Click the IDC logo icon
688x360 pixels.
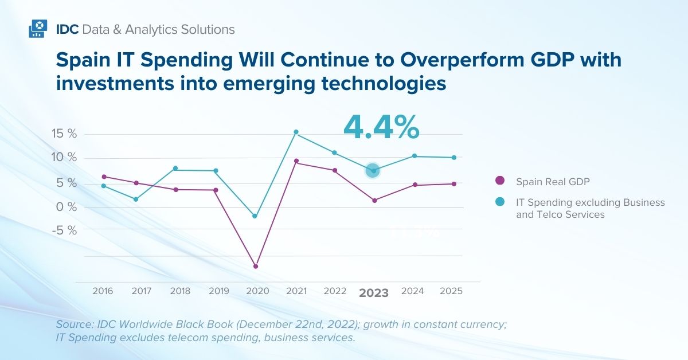pos(37,29)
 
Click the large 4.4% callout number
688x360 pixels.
pos(381,127)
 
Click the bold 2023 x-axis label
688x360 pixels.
pos(374,293)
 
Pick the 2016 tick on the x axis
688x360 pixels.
pos(103,291)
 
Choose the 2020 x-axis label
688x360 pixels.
pos(257,291)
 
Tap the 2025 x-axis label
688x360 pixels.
pos(451,291)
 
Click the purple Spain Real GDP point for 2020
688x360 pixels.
pos(256,266)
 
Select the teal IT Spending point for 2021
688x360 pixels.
pos(296,132)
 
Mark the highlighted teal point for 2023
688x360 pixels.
pos(373,170)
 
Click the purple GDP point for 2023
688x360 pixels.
pos(374,200)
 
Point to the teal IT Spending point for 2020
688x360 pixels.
pos(255,216)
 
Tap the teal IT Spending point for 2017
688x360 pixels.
pos(136,199)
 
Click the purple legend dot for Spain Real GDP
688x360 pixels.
pos(500,181)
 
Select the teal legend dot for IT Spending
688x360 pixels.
pos(500,202)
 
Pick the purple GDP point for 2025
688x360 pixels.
pos(454,183)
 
